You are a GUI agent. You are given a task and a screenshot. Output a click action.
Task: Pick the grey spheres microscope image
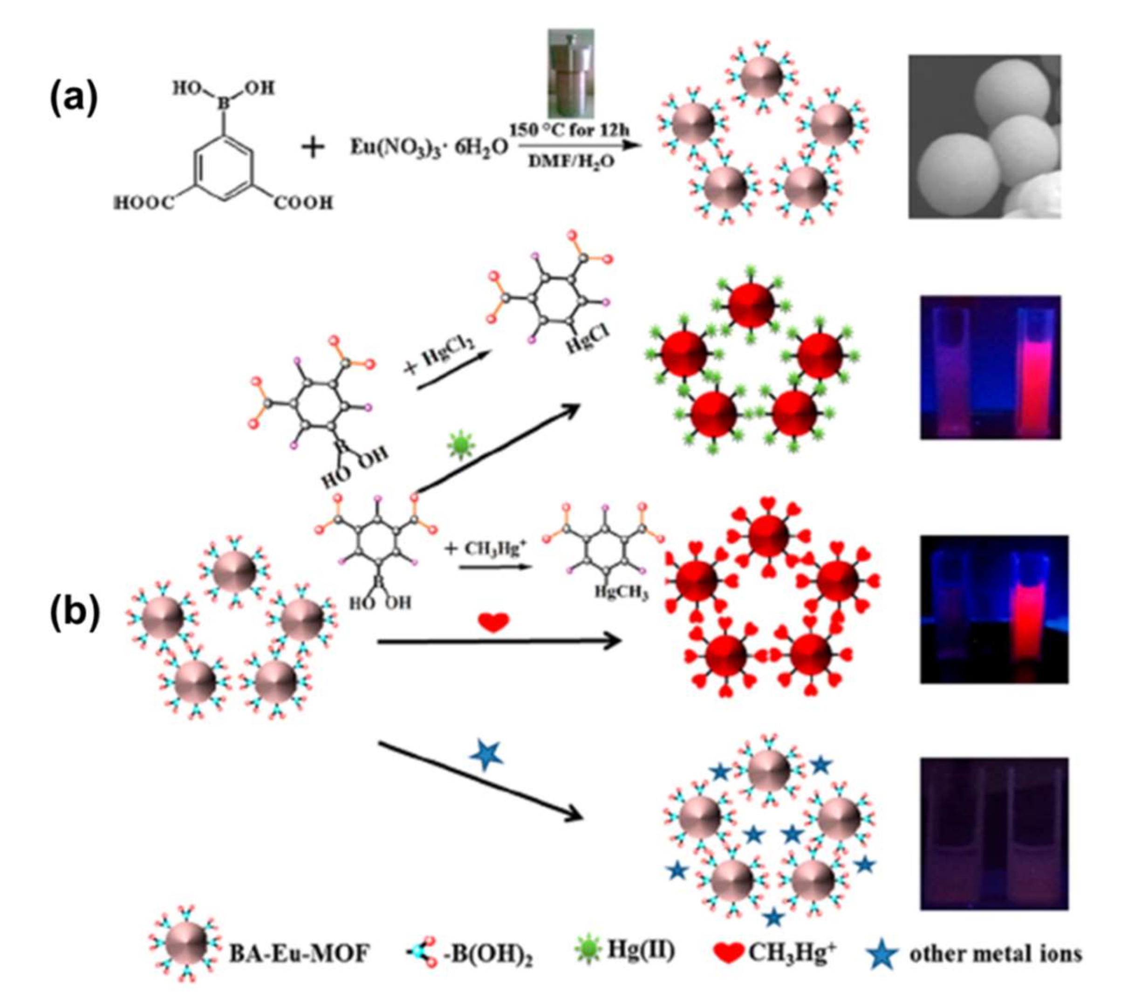984,136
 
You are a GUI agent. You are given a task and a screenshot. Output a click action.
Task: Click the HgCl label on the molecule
589,339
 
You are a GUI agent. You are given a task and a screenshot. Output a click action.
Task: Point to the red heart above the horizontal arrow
493,623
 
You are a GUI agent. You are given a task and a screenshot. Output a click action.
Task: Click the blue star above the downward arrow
486,755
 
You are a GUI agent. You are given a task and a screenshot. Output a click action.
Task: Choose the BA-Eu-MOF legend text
299,954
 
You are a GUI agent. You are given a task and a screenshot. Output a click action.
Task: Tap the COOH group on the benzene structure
303,203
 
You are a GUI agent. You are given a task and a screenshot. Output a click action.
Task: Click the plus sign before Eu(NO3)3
313,148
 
